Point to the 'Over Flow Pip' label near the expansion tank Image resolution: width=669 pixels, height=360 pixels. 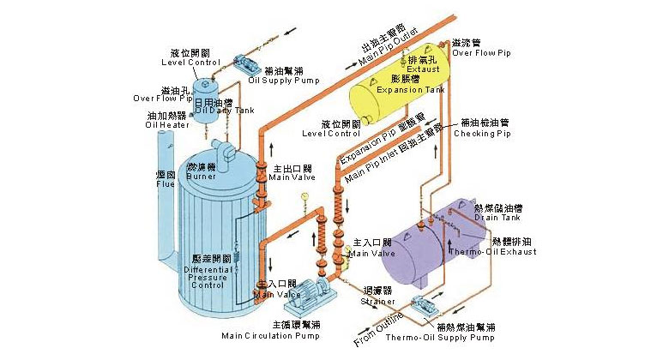click(x=480, y=53)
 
